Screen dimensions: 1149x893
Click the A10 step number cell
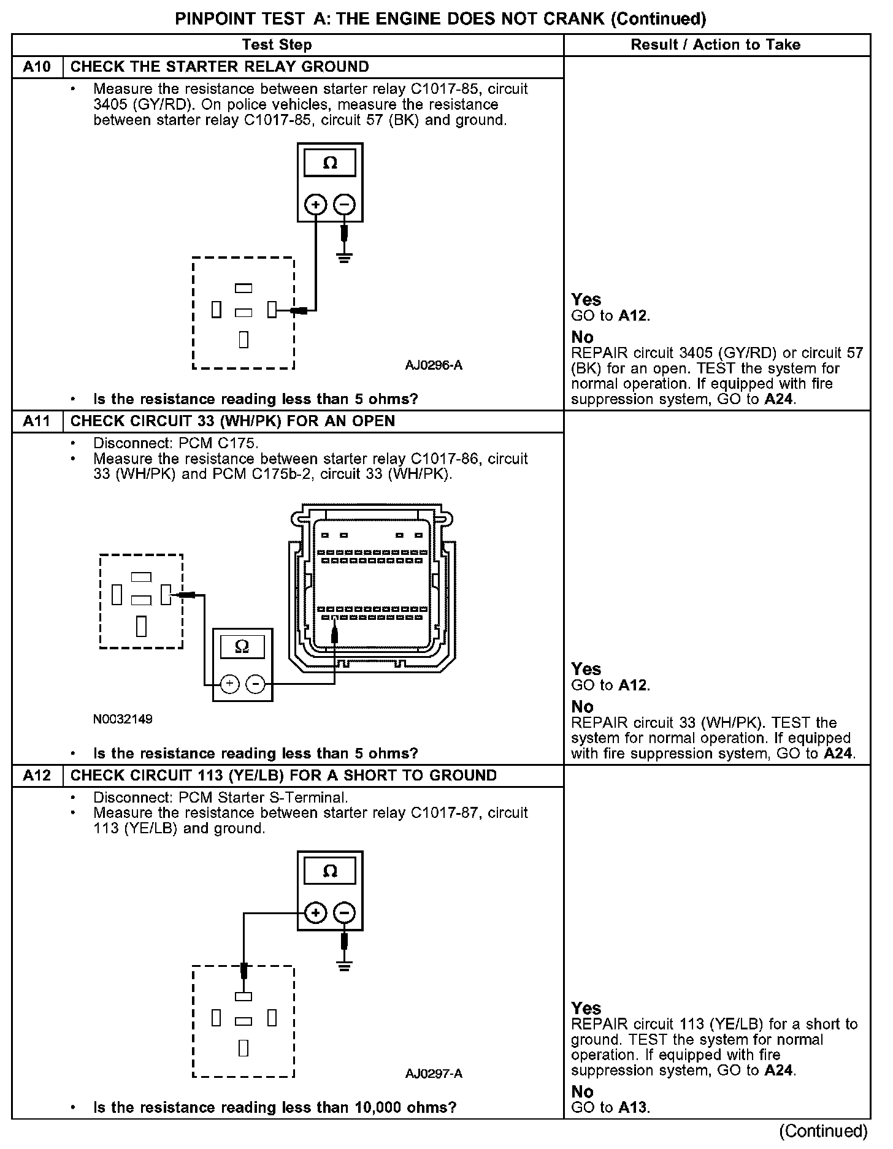37,67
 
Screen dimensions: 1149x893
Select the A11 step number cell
37,421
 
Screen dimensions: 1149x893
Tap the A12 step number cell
37,776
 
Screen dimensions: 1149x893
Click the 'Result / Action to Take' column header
716,45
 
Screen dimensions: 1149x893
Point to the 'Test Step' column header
277,45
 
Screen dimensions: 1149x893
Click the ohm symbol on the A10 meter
330,163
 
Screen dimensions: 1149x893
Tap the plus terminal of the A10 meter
316,205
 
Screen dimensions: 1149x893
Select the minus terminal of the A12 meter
345,913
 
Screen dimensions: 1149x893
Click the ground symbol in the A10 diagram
345,258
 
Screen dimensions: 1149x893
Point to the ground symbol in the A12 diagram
345,966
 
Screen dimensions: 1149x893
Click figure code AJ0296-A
434,366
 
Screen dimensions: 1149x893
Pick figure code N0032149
123,719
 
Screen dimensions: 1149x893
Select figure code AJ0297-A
434,1074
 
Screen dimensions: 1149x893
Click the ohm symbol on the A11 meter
242,646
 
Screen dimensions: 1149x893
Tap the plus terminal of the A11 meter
229,684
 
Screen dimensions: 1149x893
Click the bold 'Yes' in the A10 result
586,299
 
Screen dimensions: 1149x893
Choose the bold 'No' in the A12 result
582,1092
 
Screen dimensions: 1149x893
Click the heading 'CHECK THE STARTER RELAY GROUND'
220,67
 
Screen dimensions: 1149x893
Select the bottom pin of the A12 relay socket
243,1048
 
